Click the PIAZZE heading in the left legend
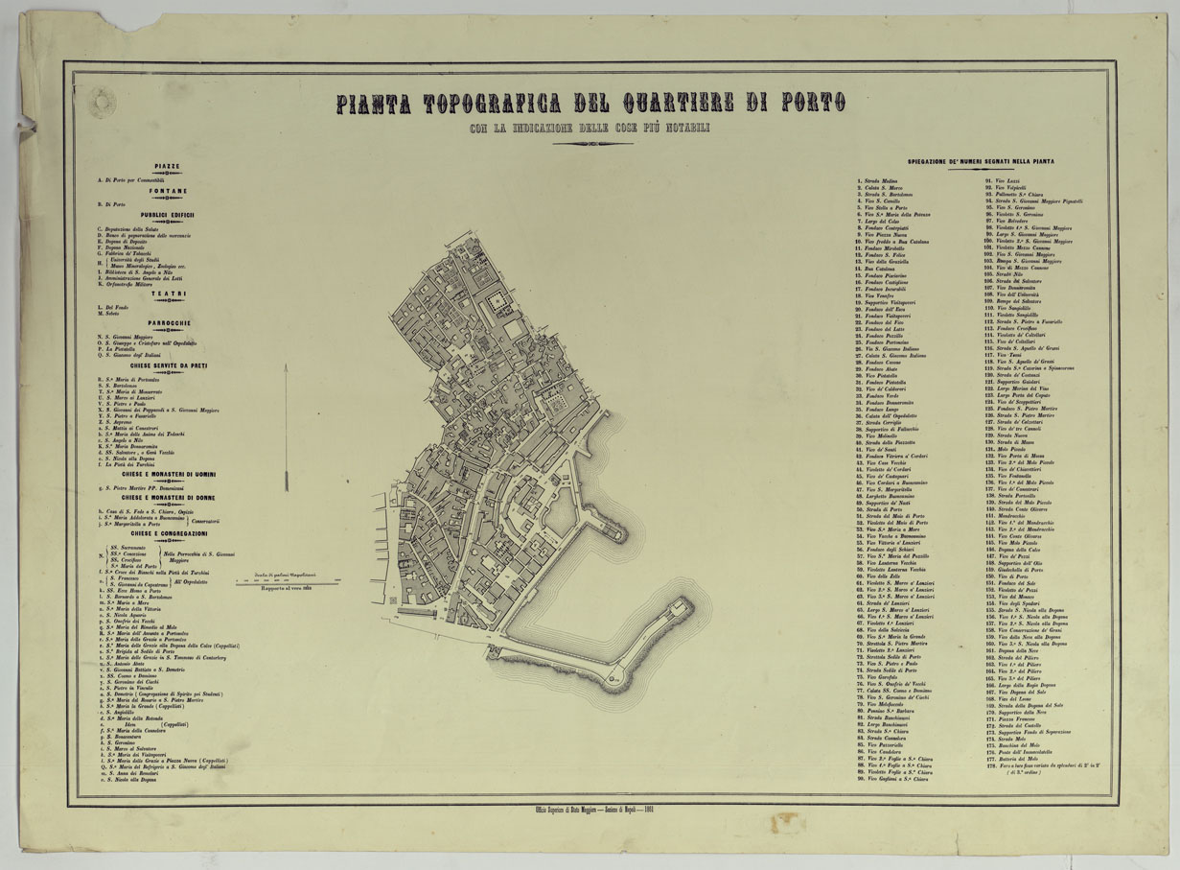point(167,166)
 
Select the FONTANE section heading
point(167,191)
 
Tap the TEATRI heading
point(167,294)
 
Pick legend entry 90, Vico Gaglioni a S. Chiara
point(893,779)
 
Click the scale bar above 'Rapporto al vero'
point(296,581)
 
